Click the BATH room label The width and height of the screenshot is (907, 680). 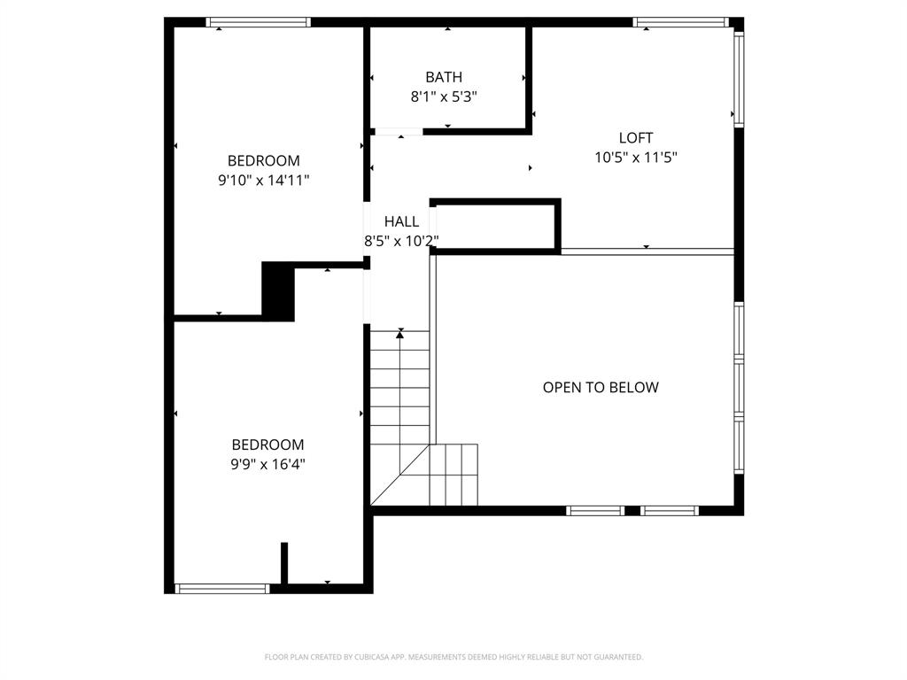point(444,78)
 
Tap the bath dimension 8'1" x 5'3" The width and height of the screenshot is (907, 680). point(444,97)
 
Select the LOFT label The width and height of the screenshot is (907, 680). point(636,138)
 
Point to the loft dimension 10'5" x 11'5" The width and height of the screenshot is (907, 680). point(636,158)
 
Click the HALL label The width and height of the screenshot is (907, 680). point(401,221)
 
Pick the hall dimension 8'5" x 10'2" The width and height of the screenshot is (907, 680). point(401,240)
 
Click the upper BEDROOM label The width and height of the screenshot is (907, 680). point(264,161)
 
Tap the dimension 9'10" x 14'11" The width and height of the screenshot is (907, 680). point(264,180)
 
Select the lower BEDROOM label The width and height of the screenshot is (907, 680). point(267,445)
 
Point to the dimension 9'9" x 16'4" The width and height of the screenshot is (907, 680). point(267,464)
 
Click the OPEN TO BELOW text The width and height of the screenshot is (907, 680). point(601,388)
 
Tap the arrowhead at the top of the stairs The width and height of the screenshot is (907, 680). point(400,333)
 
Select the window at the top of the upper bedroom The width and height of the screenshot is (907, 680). point(258,22)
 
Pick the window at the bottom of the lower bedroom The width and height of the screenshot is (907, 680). point(222,588)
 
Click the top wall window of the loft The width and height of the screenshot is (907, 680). point(680,22)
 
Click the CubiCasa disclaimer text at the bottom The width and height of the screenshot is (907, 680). point(453,657)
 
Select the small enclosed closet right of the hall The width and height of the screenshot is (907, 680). point(494,227)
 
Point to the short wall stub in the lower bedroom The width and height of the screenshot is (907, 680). point(284,562)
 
